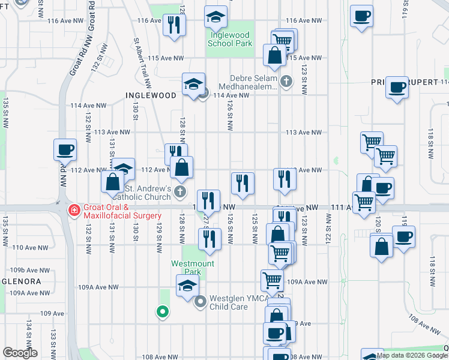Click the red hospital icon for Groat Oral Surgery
74,211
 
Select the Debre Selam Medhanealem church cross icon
287,81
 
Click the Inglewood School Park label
230,39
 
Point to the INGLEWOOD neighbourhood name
151,95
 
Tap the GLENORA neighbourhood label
20,281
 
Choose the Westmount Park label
192,263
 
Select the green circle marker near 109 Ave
161,311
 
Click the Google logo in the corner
20,353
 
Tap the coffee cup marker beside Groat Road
65,150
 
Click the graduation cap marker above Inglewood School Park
216,17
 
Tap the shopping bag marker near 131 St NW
113,180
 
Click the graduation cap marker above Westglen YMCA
187,286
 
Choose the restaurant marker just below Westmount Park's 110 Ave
209,238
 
